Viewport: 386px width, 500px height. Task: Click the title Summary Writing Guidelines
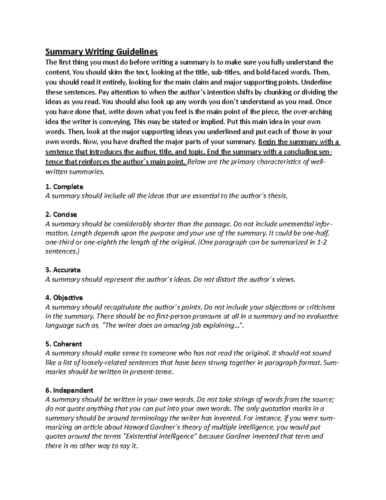[102, 52]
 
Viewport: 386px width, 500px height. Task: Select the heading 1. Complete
[64, 187]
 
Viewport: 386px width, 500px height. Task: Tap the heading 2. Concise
[61, 214]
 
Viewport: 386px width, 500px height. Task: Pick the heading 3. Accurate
[63, 270]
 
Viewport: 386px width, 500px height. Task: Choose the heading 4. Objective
[64, 297]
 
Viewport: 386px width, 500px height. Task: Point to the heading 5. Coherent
[64, 344]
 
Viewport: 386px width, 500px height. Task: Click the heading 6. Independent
[69, 390]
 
